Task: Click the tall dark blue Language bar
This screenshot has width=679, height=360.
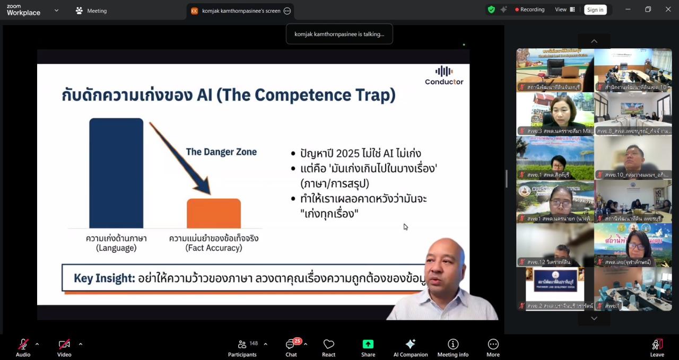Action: point(116,173)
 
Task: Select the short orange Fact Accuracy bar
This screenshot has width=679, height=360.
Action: point(213,213)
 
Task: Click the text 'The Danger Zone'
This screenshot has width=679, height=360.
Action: point(221,152)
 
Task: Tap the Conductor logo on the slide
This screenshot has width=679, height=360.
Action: point(444,75)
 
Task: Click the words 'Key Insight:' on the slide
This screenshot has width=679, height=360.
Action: point(104,278)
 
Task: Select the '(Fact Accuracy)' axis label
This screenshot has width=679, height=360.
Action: point(214,248)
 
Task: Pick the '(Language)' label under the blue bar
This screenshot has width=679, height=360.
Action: point(116,248)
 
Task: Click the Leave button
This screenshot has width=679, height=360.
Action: point(657,347)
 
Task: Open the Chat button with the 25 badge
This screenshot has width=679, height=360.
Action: point(291,347)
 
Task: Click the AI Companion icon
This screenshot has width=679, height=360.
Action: point(410,344)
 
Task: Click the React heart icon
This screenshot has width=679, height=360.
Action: point(328,344)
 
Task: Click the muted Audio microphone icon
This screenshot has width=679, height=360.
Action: point(23,344)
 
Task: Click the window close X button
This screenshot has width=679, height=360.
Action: point(668,10)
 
